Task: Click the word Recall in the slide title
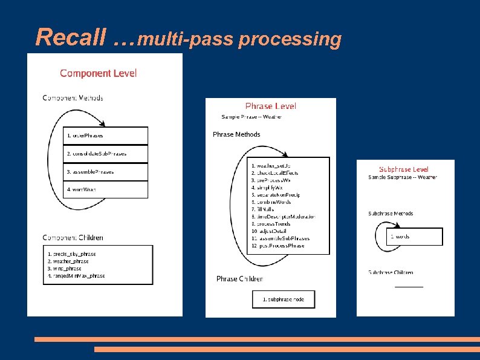[71, 38]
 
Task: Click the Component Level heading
[99, 73]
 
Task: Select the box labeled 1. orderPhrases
[105, 136]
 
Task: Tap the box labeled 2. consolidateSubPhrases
[105, 154]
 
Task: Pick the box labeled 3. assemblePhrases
[105, 172]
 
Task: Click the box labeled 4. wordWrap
[105, 189]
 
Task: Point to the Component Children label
[73, 238]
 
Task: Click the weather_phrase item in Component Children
[68, 261]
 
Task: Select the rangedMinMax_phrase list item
[77, 276]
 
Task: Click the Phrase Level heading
[271, 106]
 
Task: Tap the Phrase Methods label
[236, 134]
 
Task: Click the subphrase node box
[284, 299]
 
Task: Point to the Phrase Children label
[239, 279]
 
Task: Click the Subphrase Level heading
[404, 169]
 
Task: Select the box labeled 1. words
[415, 236]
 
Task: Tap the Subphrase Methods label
[391, 214]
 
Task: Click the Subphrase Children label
[391, 272]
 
